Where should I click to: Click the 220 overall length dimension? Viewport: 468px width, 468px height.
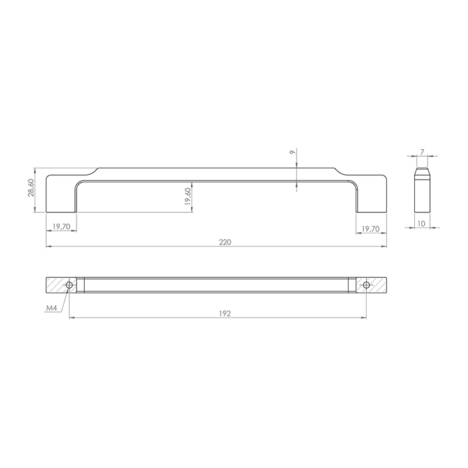(225, 242)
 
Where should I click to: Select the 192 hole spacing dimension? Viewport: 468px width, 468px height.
(225, 313)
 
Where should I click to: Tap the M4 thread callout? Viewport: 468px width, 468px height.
(51, 308)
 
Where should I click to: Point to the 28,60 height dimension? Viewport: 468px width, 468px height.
(31, 188)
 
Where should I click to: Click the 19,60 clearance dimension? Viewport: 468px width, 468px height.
(188, 197)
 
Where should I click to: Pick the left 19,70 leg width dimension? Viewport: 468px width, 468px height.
(61, 226)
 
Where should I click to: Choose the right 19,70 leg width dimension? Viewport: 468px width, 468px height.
(371, 229)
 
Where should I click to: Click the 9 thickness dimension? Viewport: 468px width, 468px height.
(293, 152)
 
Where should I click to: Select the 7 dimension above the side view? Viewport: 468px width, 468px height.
(422, 152)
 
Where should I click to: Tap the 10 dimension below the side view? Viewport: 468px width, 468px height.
(421, 223)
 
